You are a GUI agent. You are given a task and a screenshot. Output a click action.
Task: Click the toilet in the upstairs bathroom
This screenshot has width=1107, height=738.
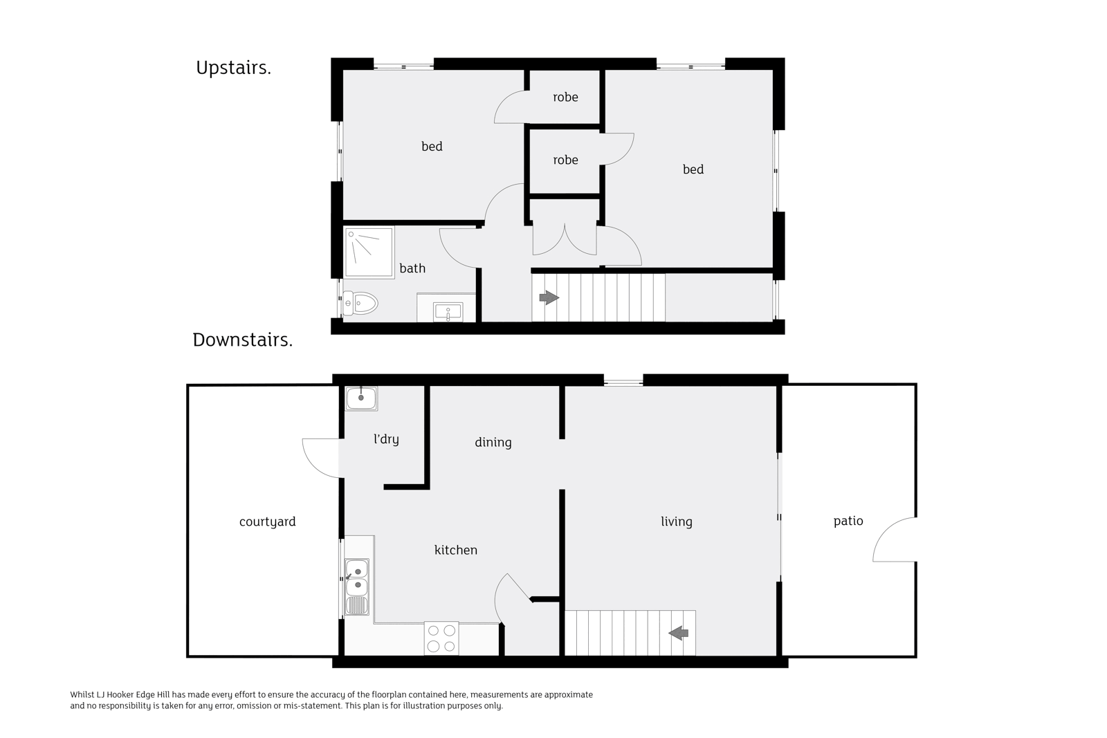[x=360, y=303]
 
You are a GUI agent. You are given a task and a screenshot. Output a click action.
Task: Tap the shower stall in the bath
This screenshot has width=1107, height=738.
[x=369, y=252]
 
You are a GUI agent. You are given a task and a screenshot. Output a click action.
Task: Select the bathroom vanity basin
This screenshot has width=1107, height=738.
[x=448, y=312]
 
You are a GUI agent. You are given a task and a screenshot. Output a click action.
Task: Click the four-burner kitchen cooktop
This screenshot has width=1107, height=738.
[x=441, y=638]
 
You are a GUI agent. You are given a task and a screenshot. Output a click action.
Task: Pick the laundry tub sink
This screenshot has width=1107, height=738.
[x=361, y=398]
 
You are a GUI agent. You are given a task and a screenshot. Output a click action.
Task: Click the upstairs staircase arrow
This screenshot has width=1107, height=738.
[x=549, y=297]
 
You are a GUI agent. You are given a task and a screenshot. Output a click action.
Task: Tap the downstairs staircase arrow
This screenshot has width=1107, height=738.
[x=679, y=633]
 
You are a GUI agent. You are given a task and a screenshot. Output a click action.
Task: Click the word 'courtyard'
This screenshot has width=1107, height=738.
[x=267, y=522]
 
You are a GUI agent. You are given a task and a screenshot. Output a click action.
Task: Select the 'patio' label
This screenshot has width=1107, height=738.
[x=848, y=521]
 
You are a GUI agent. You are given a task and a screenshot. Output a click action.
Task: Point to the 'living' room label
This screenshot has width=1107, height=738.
[x=677, y=522]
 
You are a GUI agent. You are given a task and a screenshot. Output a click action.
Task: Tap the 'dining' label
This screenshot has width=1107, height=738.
[x=493, y=443]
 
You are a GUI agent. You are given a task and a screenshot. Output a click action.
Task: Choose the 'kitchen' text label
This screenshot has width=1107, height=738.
[x=456, y=550]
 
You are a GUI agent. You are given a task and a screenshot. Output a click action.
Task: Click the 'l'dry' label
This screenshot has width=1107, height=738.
[x=386, y=439]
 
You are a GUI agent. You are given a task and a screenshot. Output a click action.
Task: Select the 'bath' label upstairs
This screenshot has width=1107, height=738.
[x=412, y=268]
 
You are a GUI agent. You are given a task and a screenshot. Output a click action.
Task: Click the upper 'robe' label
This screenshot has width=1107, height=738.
[x=565, y=98]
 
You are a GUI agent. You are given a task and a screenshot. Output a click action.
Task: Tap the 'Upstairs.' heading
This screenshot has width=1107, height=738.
[x=233, y=68]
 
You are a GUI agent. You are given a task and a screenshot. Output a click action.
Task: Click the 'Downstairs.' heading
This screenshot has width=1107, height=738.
[x=243, y=340]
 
